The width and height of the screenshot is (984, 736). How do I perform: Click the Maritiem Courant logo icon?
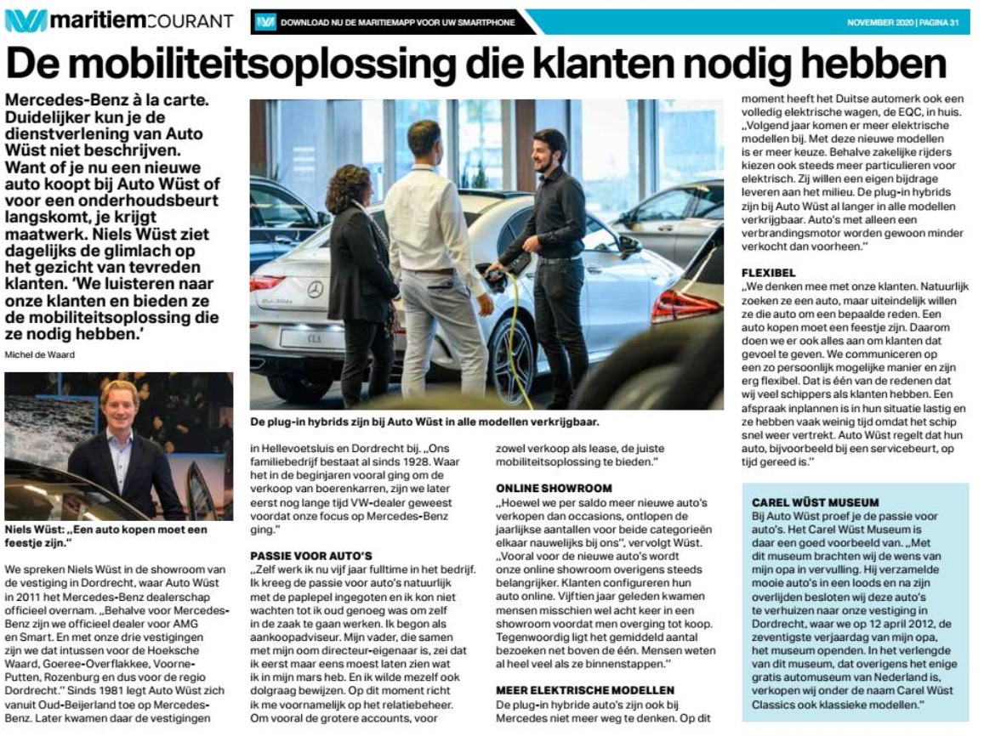(x=25, y=20)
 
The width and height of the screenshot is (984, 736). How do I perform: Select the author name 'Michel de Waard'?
(x=39, y=354)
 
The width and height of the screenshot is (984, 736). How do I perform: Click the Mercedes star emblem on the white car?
(x=316, y=290)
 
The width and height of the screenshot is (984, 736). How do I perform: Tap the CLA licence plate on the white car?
(x=304, y=339)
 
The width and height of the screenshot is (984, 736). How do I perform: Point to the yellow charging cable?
(x=511, y=340)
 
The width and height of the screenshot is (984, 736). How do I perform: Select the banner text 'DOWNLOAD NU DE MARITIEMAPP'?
(x=397, y=22)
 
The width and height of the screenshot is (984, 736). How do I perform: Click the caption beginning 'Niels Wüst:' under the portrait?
(x=105, y=535)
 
